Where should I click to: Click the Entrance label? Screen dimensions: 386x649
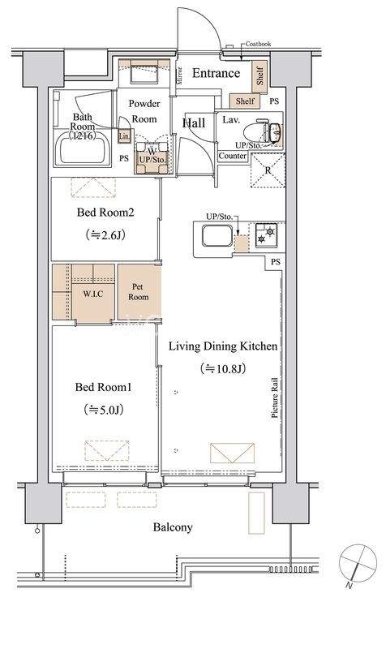(216, 73)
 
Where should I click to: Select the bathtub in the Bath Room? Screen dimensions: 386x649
(84, 149)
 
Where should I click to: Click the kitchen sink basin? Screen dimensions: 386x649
(217, 235)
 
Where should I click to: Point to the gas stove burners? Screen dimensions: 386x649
(265, 234)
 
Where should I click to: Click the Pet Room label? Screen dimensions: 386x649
(138, 292)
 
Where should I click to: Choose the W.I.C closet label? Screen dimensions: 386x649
(93, 294)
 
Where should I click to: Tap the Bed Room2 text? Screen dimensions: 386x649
(105, 213)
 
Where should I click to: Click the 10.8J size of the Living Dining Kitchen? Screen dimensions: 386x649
(223, 368)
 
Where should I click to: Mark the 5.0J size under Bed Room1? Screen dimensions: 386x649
(105, 410)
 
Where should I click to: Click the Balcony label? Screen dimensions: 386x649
(173, 527)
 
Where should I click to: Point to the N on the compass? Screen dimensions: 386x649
(350, 585)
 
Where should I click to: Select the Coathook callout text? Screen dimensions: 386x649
(258, 44)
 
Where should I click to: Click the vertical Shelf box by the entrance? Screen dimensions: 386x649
(260, 75)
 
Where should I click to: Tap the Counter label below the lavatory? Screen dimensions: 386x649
(233, 156)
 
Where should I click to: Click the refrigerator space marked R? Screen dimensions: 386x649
(268, 170)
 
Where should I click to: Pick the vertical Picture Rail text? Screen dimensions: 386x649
(275, 398)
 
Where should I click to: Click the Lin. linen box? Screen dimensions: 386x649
(124, 135)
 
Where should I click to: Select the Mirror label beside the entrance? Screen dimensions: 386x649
(179, 75)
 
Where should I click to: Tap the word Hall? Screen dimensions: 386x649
(194, 123)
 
